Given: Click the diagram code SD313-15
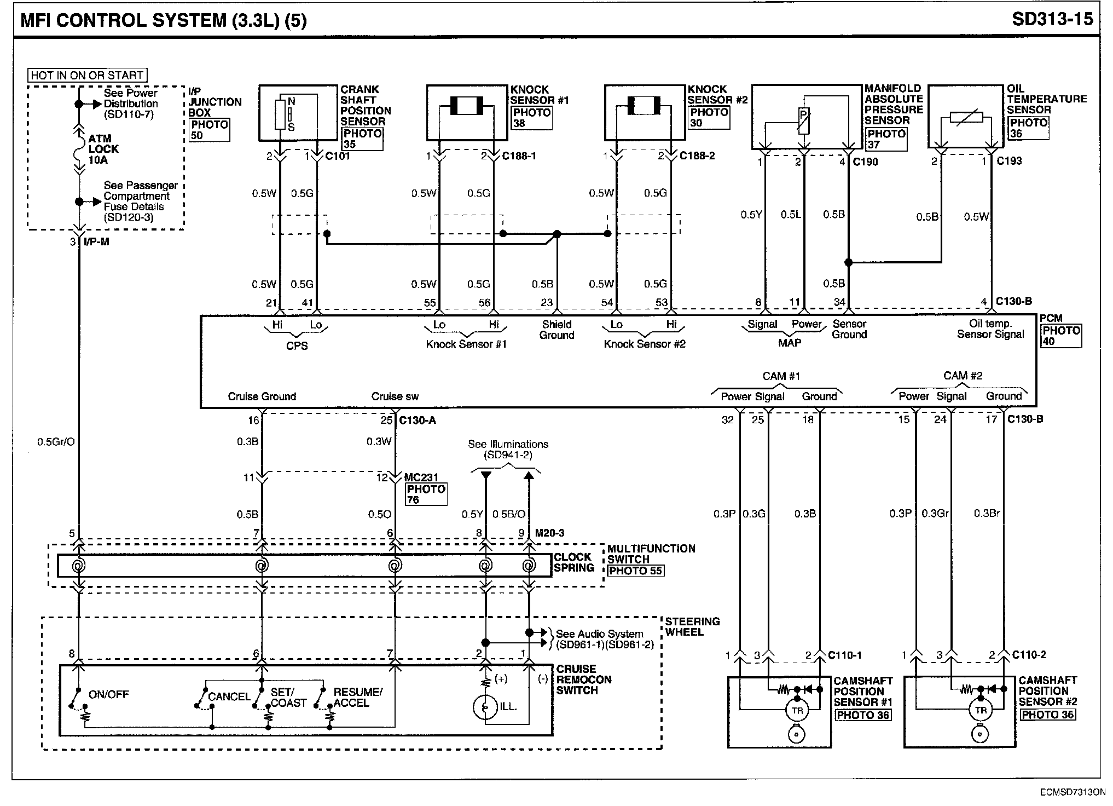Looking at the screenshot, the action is pos(1052,19).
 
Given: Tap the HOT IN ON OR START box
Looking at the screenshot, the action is pos(88,76).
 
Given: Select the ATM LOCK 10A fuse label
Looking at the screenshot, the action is pos(103,149).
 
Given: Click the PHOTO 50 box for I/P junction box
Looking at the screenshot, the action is pos(209,130).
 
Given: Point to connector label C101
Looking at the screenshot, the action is pos(338,156).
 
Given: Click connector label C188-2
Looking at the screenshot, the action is pos(697,156).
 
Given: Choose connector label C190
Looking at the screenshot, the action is pos(865,162).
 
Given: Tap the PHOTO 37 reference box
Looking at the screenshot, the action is pos(886,139).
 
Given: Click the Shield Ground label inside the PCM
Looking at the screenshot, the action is pos(556,330).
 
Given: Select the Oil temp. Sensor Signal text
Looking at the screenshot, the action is pos(990,329).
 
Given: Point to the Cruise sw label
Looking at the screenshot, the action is pos(395,396).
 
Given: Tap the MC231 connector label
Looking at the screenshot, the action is pos(421,478).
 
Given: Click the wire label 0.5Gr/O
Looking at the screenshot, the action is pos(56,442).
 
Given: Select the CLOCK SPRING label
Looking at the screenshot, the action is pos(574,562).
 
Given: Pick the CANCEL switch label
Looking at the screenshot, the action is pos(229,696).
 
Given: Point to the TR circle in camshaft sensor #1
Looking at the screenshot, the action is pos(797,711).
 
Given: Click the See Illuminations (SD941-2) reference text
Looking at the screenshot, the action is pos(508,450).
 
